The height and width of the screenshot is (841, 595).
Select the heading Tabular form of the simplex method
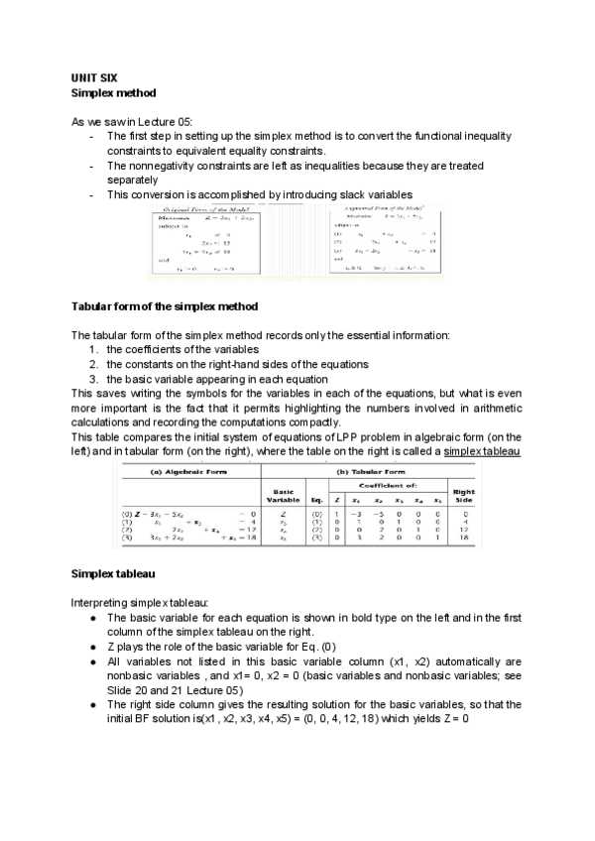coord(165,304)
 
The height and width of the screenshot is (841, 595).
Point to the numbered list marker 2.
coord(93,364)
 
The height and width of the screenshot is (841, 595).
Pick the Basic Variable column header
coord(284,495)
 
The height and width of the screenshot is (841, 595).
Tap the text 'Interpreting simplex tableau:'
coord(139,603)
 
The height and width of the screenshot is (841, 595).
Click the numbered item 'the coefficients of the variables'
coord(183,349)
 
